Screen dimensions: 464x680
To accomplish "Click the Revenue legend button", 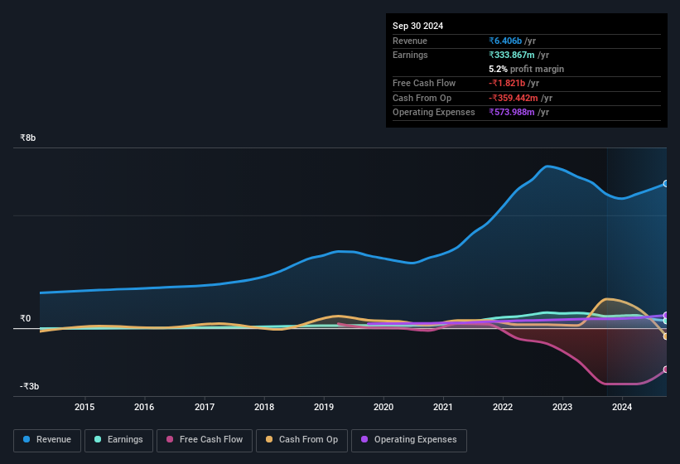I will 48,440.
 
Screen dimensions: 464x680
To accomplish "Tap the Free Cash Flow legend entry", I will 205,440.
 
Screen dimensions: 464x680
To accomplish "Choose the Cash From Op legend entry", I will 301,440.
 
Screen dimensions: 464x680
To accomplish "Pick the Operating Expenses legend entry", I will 409,440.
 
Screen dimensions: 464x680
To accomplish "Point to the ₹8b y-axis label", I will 29,138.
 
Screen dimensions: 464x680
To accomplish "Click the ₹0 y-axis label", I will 26,318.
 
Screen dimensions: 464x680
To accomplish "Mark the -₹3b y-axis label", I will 31,386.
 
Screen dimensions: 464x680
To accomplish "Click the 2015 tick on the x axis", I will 84,407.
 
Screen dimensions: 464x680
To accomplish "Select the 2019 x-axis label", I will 323,407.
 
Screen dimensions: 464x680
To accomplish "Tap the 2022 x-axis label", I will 502,407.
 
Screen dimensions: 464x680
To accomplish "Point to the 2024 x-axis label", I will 622,407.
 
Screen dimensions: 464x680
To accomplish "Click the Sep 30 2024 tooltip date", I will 417,26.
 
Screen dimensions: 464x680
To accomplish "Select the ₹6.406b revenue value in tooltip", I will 506,41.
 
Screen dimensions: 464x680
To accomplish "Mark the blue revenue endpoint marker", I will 666,184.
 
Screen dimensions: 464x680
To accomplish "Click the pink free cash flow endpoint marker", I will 666,370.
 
